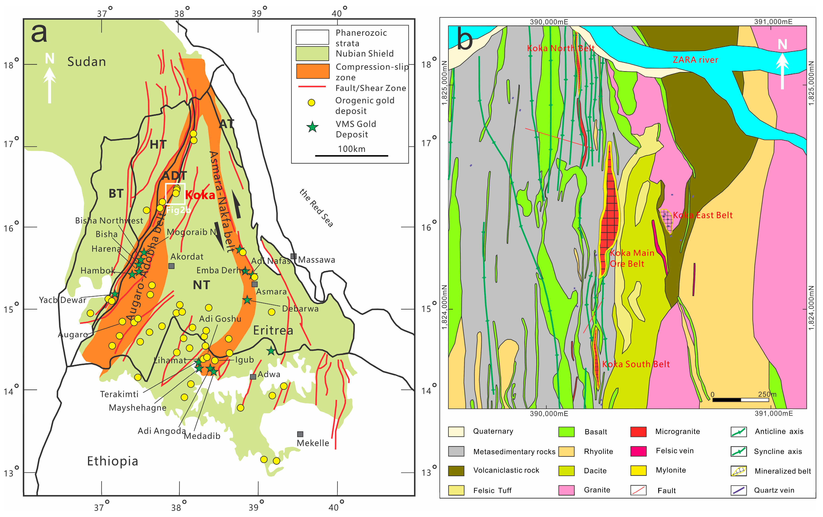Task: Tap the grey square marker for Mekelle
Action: click(x=300, y=434)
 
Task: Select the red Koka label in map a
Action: click(x=200, y=195)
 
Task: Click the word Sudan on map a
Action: click(x=86, y=62)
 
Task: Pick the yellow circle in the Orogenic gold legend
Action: click(x=311, y=103)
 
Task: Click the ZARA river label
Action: click(x=695, y=60)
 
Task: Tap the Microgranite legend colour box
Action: click(x=638, y=432)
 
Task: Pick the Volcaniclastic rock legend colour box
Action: click(x=456, y=470)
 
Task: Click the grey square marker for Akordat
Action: click(x=172, y=266)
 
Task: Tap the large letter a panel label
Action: click(x=39, y=33)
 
